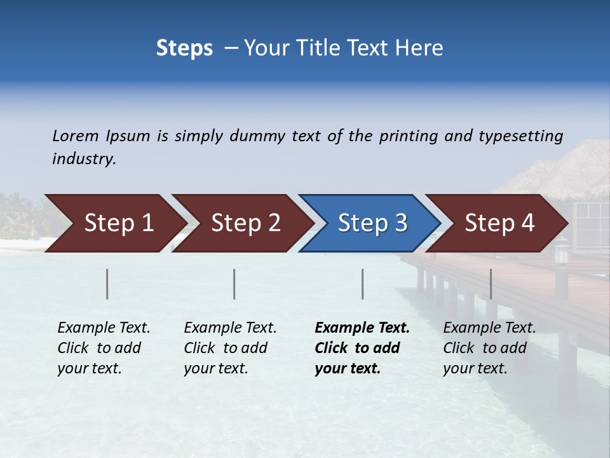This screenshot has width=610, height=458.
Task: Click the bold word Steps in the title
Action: point(184,48)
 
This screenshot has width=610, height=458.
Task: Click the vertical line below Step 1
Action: point(107,284)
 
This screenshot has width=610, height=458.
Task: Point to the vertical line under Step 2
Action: point(234,284)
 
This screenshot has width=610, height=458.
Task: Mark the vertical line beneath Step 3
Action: point(363,284)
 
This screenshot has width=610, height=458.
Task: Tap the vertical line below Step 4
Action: point(491,284)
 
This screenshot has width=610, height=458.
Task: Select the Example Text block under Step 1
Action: point(104,348)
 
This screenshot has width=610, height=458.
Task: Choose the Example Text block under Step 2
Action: point(230,348)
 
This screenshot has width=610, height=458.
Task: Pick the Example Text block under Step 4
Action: point(489,348)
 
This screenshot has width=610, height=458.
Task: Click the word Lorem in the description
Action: point(76,136)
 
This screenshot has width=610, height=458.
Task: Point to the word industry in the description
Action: point(83,159)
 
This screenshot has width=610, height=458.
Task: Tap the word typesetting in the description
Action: point(520,136)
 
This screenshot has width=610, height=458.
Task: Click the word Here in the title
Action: point(419,48)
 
